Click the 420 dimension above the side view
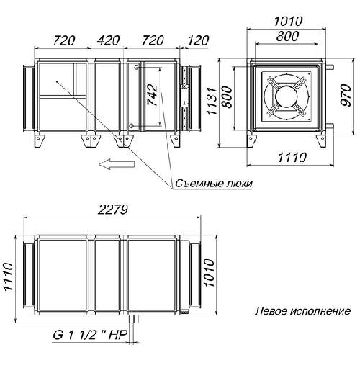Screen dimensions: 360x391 (x=108, y=40)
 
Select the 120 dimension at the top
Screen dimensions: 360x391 (x=198, y=40)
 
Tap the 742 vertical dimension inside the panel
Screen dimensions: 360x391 (x=153, y=96)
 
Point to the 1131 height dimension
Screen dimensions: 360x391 (x=212, y=101)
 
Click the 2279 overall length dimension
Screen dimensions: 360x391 (x=113, y=210)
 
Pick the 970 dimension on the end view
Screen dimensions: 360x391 (x=346, y=96)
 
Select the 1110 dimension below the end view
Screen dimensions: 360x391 (x=292, y=158)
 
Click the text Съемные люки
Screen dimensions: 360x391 (x=214, y=184)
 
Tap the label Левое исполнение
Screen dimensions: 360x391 (x=302, y=311)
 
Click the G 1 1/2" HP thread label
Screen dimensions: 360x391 (x=90, y=335)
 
